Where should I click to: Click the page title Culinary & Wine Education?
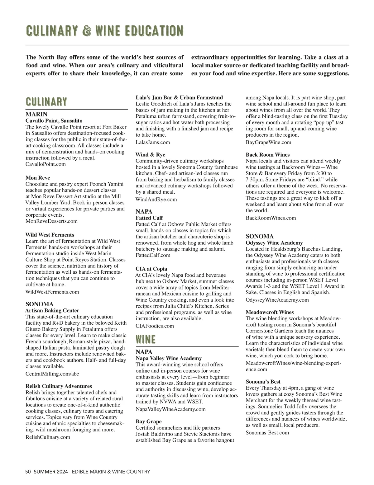[105, 31]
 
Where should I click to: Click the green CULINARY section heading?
[46, 102]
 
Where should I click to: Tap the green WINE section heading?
[146, 339]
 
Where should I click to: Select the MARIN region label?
[36, 114]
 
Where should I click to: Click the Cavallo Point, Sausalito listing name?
[54, 120]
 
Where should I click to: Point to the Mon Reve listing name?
[38, 178]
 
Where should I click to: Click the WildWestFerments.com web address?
[52, 292]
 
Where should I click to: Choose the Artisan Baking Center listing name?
[52, 310]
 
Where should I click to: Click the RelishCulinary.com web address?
[48, 437]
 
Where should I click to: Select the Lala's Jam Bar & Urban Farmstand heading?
[179, 97]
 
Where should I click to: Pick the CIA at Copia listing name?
[151, 269]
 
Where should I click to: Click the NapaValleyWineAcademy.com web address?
[171, 409]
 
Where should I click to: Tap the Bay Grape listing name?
[149, 421]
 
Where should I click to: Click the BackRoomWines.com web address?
[271, 218]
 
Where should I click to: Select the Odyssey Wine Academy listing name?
[274, 243]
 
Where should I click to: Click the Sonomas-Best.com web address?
[267, 432]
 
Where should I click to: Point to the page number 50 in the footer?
[28, 472]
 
